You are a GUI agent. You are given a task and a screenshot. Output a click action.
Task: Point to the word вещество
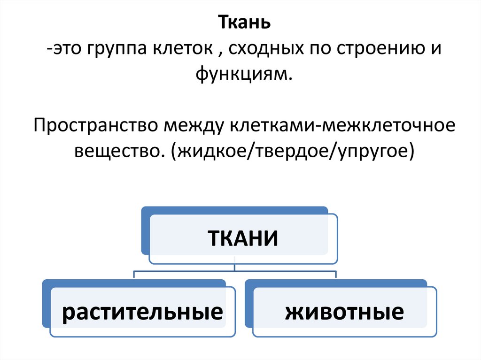(x=118, y=151)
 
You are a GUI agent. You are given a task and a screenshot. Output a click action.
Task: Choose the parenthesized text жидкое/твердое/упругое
(x=294, y=151)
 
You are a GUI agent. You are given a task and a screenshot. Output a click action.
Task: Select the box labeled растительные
(x=142, y=312)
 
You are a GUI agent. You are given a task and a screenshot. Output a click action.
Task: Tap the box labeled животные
(x=344, y=312)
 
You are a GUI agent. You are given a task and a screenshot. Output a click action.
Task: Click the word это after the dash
(x=68, y=49)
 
